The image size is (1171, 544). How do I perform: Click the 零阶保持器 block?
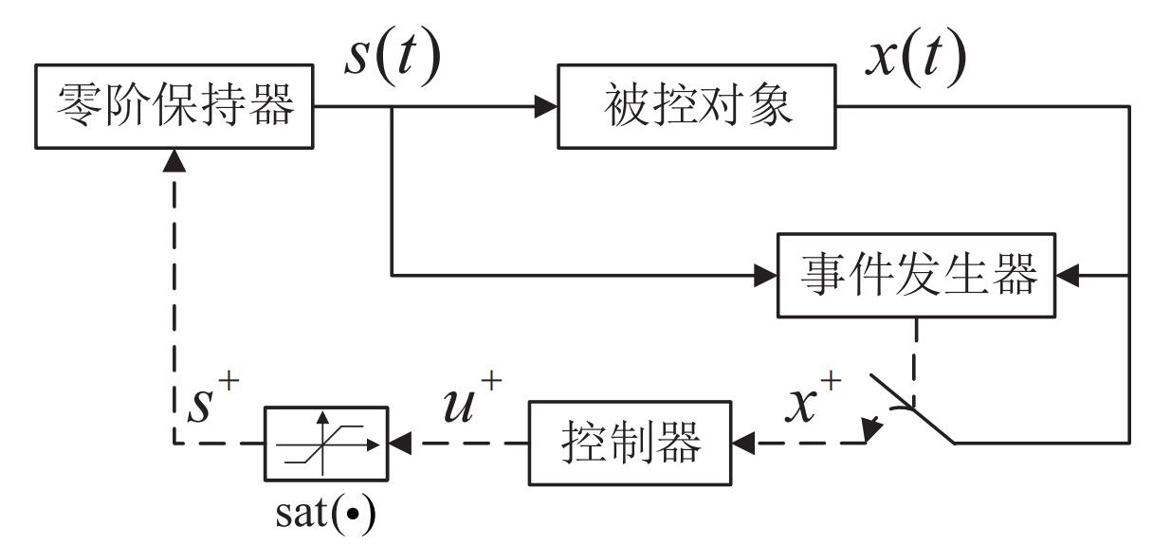(175, 106)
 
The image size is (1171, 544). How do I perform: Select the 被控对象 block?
(698, 106)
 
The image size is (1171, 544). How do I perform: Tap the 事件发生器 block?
(916, 275)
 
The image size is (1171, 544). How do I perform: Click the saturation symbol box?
(326, 442)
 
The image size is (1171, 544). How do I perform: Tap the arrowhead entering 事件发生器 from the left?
(766, 276)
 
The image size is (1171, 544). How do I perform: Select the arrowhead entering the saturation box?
(398, 442)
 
